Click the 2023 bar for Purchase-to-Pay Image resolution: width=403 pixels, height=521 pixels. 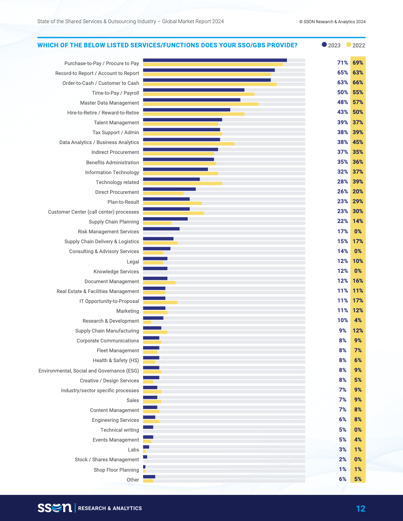pyautogui.click(x=215, y=60)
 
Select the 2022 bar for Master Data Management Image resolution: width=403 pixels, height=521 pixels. pyautogui.click(x=201, y=104)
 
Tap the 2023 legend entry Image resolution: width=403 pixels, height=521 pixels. pyautogui.click(x=331, y=45)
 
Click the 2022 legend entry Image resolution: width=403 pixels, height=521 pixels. pyautogui.click(x=356, y=45)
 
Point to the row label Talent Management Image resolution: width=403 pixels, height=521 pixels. pyautogui.click(x=117, y=123)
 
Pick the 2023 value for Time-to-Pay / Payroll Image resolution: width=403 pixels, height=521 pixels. pyautogui.click(x=343, y=93)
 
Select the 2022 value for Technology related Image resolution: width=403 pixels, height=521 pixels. pyautogui.click(x=358, y=182)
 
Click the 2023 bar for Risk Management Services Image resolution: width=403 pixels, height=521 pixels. pyautogui.click(x=161, y=228)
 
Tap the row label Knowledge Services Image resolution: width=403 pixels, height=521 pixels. pyautogui.click(x=116, y=271)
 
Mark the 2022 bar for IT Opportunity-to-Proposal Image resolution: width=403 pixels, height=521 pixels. pyautogui.click(x=160, y=302)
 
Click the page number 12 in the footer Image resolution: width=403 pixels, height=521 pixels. pyautogui.click(x=361, y=509)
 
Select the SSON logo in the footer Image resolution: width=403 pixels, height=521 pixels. pyautogui.click(x=55, y=508)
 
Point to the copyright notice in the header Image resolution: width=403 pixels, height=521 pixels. pyautogui.click(x=332, y=22)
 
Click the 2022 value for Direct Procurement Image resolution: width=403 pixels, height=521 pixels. pyautogui.click(x=358, y=192)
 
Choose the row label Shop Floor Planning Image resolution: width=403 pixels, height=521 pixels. pyautogui.click(x=116, y=470)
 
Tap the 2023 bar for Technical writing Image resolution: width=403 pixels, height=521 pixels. pyautogui.click(x=148, y=427)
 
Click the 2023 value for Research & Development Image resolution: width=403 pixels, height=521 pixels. pyautogui.click(x=343, y=321)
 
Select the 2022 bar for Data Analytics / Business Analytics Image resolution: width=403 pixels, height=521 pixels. pyautogui.click(x=188, y=144)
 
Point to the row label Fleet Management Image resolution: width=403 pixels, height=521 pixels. pyautogui.click(x=118, y=351)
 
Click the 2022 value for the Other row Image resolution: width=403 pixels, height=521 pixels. pyautogui.click(x=358, y=479)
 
